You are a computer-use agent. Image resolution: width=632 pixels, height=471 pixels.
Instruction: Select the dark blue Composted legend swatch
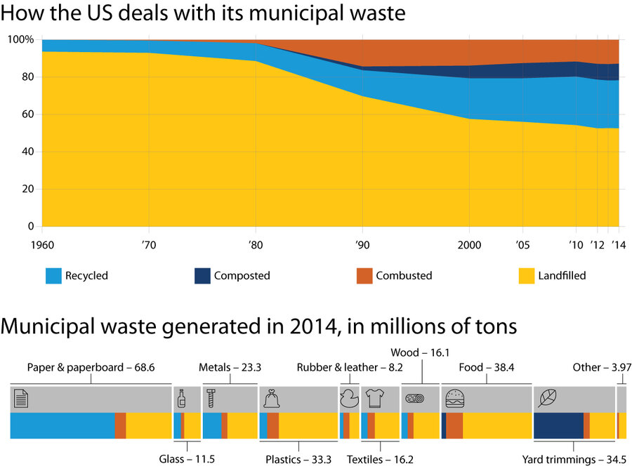203,276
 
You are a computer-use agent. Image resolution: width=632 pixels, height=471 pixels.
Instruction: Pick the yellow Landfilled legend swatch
525,276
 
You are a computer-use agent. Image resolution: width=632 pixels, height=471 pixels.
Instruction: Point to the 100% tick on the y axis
20,40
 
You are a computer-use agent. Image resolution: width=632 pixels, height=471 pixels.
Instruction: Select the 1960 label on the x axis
42,244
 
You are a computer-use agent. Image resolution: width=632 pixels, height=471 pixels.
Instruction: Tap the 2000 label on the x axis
469,244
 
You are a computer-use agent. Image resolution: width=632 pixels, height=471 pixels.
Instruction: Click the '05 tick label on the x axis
524,244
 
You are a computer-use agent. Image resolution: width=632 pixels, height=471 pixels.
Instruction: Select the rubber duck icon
348,399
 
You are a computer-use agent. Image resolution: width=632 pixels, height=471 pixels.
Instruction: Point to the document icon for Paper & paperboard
22,399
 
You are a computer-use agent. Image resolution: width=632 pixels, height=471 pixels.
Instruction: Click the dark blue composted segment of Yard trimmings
558,425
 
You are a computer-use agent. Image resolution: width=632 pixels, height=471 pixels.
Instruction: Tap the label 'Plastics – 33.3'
298,460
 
